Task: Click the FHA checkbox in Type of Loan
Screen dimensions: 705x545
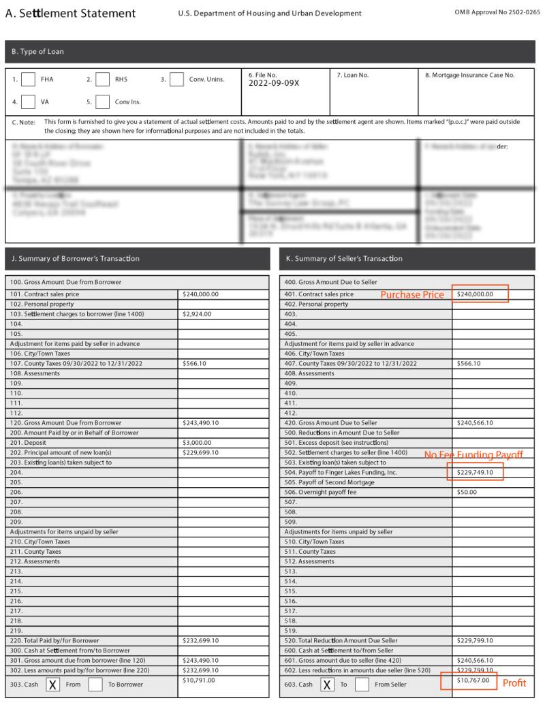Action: coord(28,80)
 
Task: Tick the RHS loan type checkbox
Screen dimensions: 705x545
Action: coord(102,80)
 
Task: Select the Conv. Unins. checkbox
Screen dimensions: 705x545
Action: coord(176,80)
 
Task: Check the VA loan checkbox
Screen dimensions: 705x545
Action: coord(28,102)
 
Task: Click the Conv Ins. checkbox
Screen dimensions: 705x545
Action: coord(102,102)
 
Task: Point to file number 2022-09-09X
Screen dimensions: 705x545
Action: coord(274,84)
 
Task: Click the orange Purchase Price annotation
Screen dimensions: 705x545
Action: coord(411,295)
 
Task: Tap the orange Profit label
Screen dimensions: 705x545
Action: coord(514,683)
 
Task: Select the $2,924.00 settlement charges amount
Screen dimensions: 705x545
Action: coord(198,314)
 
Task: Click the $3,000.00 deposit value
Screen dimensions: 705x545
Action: coord(198,442)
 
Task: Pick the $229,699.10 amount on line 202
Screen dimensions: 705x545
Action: coord(201,452)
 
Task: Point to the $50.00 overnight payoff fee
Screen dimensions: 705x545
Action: coord(467,492)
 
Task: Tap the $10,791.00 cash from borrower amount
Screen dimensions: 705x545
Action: coord(200,680)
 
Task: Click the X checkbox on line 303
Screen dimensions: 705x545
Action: coord(52,685)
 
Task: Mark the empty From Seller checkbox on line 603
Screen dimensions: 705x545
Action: coord(362,685)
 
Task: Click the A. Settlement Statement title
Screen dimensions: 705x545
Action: coord(70,14)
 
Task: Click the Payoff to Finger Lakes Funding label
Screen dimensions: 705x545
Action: coord(341,472)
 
